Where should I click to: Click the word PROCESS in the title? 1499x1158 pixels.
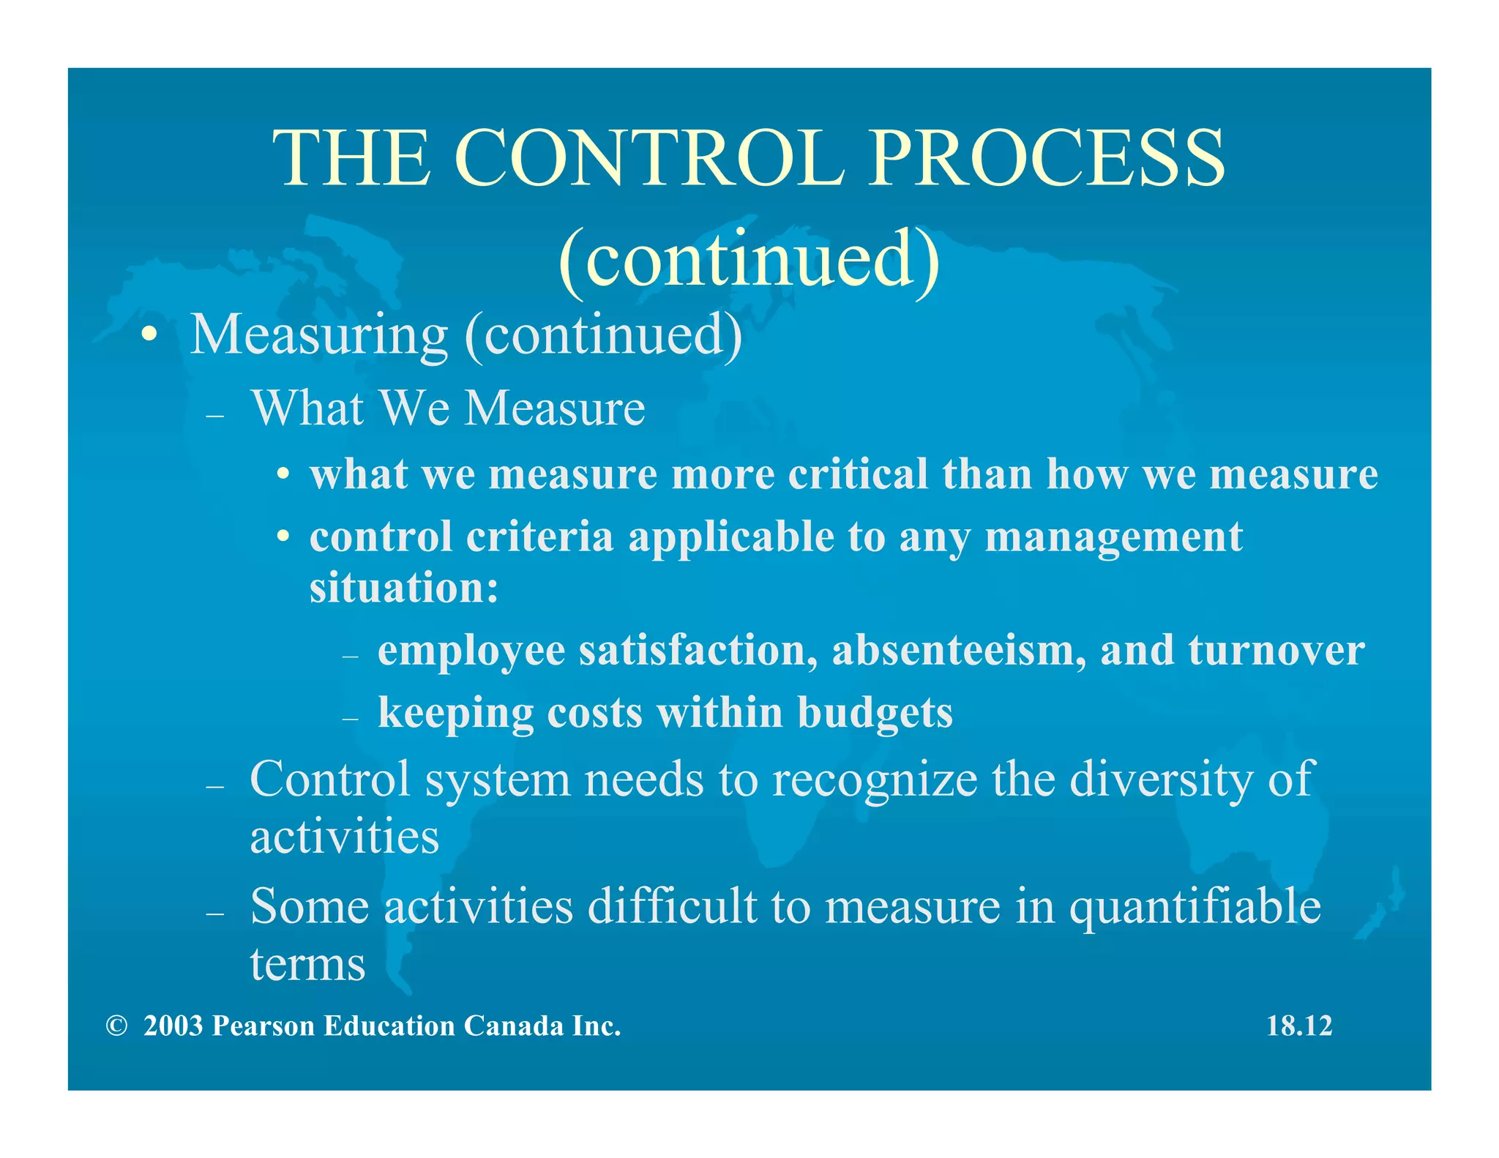[x=1047, y=159]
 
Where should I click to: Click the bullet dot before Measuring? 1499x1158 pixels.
[x=149, y=335]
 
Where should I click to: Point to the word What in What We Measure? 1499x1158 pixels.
[x=307, y=408]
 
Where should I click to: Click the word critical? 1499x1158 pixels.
[x=858, y=474]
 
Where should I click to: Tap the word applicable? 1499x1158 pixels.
[x=731, y=537]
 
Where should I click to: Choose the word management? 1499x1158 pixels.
[x=1113, y=538]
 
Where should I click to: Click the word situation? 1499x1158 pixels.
[x=404, y=587]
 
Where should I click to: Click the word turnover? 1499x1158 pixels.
[x=1276, y=650]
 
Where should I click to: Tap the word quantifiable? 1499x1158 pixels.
[x=1195, y=908]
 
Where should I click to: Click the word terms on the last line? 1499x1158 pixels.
[x=307, y=965]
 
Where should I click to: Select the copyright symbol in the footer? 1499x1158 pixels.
[x=116, y=1026]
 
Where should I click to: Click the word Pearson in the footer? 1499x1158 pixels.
[x=263, y=1026]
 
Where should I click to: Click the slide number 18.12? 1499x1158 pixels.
[x=1299, y=1026]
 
